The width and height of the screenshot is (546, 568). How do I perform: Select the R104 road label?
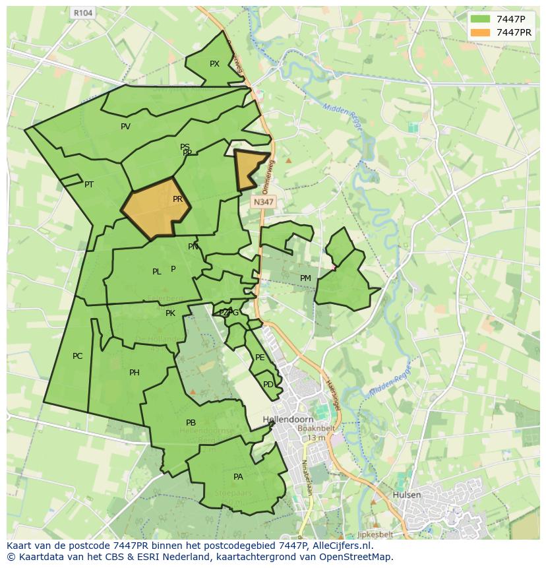[82, 13]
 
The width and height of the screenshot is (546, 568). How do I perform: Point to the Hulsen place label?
[406, 494]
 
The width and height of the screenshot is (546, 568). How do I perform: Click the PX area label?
[214, 64]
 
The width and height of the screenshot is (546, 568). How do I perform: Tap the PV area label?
[125, 127]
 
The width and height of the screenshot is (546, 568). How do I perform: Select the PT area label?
[89, 185]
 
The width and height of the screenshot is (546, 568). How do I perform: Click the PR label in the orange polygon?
[177, 199]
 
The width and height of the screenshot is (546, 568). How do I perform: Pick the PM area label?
[305, 278]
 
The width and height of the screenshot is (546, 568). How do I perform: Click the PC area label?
[77, 356]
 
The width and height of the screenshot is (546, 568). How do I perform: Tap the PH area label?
[135, 373]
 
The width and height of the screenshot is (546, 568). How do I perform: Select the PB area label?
[191, 423]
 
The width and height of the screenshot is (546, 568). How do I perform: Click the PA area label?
[238, 476]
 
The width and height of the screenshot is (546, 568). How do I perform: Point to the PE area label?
[260, 358]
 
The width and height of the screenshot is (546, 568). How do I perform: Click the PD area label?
[268, 385]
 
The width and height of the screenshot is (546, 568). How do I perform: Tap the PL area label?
[156, 272]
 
